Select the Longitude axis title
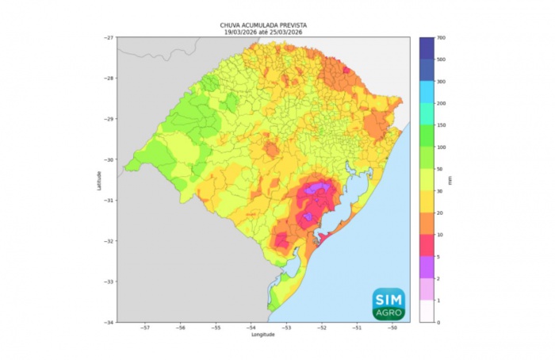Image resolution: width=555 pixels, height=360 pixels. point(262,335)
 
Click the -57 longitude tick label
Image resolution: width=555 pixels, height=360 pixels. point(146,327)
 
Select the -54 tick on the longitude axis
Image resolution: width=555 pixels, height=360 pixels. point(251,327)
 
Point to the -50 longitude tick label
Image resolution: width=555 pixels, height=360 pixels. point(392,327)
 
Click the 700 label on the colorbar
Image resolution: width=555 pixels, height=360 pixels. point(442,38)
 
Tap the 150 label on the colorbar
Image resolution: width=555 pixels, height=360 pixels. point(442,125)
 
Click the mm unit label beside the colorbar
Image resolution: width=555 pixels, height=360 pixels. point(450,180)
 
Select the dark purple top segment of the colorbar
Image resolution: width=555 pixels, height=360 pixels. point(427,48)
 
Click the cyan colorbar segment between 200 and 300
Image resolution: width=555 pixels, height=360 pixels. point(427,92)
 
